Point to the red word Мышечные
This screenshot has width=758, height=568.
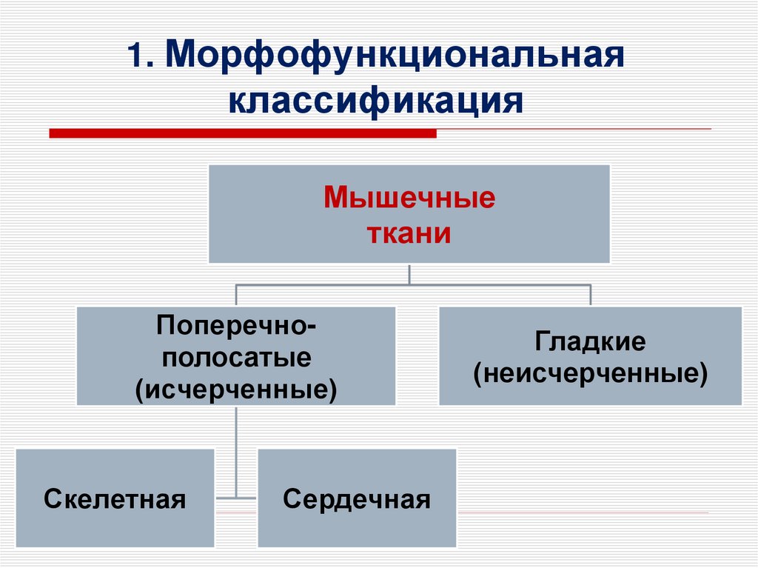coord(409,199)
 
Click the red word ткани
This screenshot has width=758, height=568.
coord(409,234)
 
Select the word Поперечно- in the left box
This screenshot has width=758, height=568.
coord(236,325)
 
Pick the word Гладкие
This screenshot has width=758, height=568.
coord(590,342)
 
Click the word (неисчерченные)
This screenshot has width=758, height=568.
coord(590,373)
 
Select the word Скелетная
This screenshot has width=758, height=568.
coord(115,498)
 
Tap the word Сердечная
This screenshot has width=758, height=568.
coord(356,498)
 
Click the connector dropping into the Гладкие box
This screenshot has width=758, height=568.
coord(590,294)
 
